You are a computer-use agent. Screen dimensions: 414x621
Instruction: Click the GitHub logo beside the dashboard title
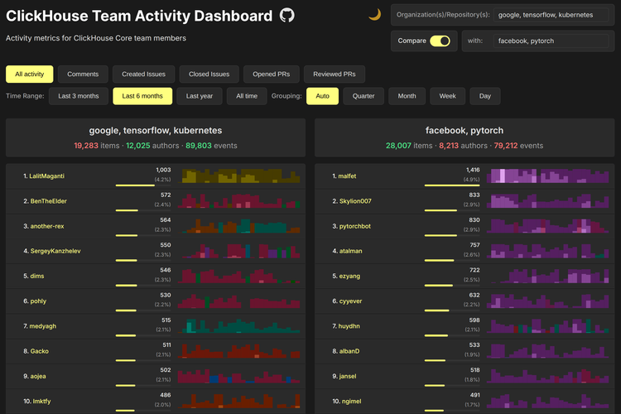tap(287, 16)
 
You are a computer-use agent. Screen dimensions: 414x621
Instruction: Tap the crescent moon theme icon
tap(374, 15)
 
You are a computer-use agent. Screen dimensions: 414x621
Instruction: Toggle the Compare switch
tap(440, 41)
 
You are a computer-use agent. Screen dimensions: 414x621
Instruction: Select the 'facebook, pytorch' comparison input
tap(550, 41)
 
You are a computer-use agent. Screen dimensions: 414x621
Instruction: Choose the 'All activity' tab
tap(30, 75)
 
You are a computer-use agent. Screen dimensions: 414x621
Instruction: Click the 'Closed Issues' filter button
tap(209, 75)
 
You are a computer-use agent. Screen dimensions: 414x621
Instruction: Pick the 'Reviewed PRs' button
tap(335, 75)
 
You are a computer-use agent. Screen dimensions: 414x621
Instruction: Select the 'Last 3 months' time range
tap(78, 96)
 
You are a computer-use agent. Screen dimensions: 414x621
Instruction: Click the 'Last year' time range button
tap(199, 96)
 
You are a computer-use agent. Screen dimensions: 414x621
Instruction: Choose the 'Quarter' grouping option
tap(363, 96)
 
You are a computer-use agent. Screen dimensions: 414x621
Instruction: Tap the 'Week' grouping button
tap(447, 96)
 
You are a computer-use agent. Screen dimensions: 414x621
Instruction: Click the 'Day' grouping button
tap(484, 96)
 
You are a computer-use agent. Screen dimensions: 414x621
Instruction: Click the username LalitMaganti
tap(47, 176)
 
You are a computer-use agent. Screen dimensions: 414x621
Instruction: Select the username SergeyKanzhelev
tap(55, 251)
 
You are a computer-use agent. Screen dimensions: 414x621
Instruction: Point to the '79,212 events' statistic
tap(518, 146)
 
